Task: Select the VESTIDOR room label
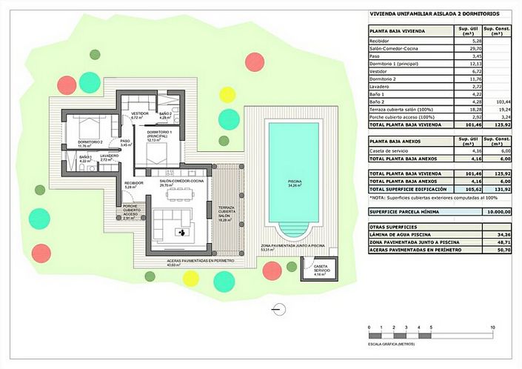pyautogui.click(x=141, y=115)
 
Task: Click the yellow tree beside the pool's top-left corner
pyautogui.click(x=227, y=94)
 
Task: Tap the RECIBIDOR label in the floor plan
pyautogui.click(x=134, y=184)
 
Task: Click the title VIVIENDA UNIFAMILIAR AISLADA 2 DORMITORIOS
pyautogui.click(x=434, y=14)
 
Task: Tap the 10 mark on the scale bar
pyautogui.click(x=492, y=328)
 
